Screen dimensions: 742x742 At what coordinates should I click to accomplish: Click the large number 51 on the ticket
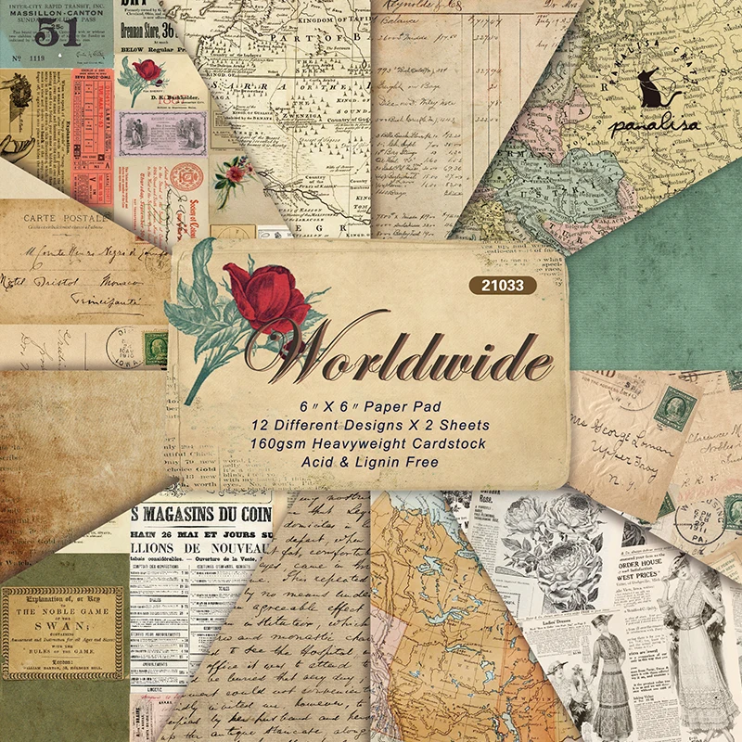coord(58,35)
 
